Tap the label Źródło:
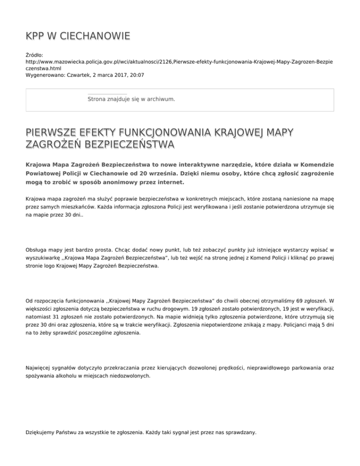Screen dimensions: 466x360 pos(36,55)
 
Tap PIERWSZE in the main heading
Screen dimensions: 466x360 pos(55,130)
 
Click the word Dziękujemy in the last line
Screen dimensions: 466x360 pos(42,433)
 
